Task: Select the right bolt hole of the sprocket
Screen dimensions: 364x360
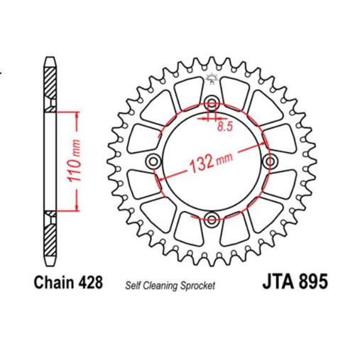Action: (x=268, y=162)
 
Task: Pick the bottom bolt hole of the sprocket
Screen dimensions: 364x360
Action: (x=212, y=218)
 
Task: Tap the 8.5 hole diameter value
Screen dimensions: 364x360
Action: (x=225, y=128)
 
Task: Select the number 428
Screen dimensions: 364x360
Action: (x=90, y=282)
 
